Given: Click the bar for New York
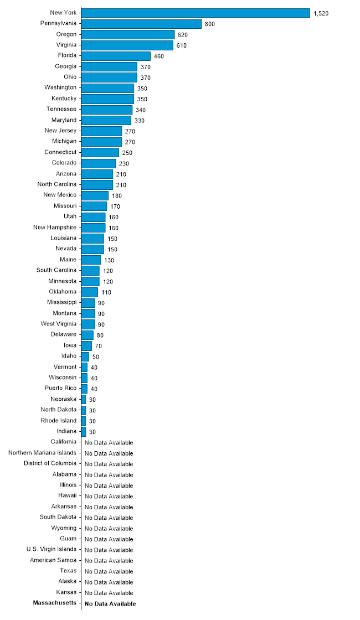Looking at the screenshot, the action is pyautogui.click(x=196, y=13).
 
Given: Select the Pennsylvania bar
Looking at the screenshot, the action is pyautogui.click(x=142, y=24).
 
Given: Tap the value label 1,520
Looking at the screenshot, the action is pyautogui.click(x=321, y=13).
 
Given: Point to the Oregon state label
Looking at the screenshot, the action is pyautogui.click(x=66, y=34).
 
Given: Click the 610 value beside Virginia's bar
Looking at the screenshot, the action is pyautogui.click(x=182, y=45).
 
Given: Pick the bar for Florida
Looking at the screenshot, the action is pyautogui.click(x=116, y=56).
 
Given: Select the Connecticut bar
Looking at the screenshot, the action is pyautogui.click(x=100, y=153).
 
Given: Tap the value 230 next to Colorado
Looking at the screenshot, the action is pyautogui.click(x=124, y=164).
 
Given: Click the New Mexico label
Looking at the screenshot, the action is pyautogui.click(x=60, y=195).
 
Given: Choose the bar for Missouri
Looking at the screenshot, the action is pyautogui.click(x=94, y=206).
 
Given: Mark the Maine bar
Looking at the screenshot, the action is pyautogui.click(x=91, y=260).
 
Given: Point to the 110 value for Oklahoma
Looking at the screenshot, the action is pyautogui.click(x=106, y=293).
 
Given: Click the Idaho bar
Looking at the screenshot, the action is pyautogui.click(x=85, y=356).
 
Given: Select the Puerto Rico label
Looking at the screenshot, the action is pyautogui.click(x=60, y=388).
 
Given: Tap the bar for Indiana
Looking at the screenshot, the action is pyautogui.click(x=84, y=432).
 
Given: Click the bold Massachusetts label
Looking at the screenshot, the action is pyautogui.click(x=55, y=603).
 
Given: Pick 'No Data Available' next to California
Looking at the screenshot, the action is pyautogui.click(x=109, y=443).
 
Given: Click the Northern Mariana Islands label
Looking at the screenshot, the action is pyautogui.click(x=42, y=453).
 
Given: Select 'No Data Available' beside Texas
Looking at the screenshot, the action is pyautogui.click(x=109, y=572).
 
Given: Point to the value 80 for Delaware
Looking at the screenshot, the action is pyautogui.click(x=100, y=335).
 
